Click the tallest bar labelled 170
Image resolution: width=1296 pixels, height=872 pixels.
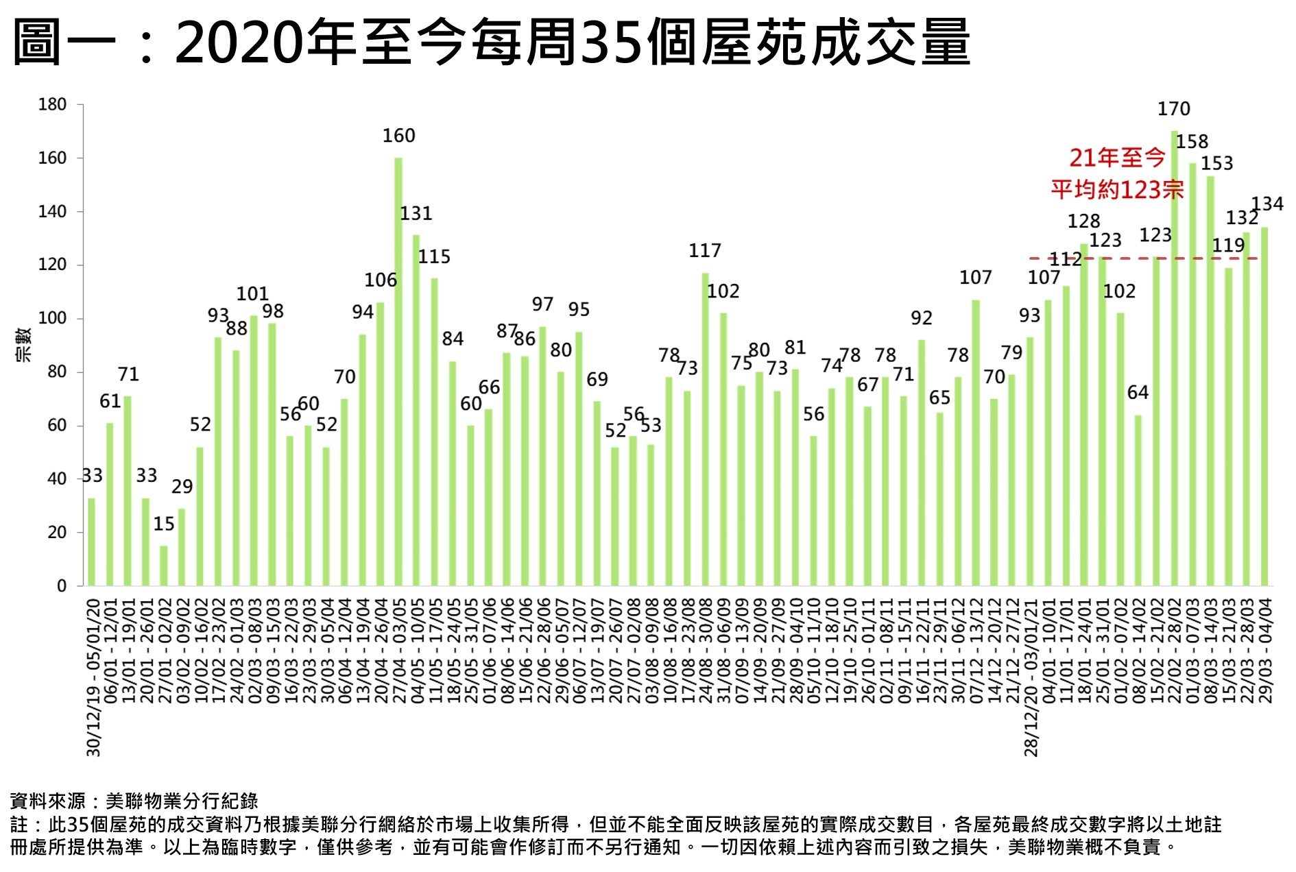pyautogui.click(x=1174, y=356)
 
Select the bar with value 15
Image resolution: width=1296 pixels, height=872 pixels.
pyautogui.click(x=164, y=566)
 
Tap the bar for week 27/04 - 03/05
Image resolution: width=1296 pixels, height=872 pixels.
pyautogui.click(x=398, y=370)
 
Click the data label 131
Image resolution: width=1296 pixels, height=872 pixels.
pyautogui.click(x=416, y=214)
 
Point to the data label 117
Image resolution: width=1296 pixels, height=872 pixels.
pyautogui.click(x=705, y=251)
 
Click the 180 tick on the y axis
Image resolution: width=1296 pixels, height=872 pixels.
pyautogui.click(x=52, y=105)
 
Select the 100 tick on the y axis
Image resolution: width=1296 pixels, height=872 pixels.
pyautogui.click(x=52, y=319)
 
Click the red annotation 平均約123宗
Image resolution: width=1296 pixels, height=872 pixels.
pyautogui.click(x=1117, y=190)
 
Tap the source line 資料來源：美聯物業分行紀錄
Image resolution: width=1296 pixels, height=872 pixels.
pyautogui.click(x=134, y=801)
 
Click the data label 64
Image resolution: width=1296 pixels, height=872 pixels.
pyautogui.click(x=1138, y=393)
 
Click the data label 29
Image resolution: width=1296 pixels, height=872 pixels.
pyautogui.click(x=182, y=487)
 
